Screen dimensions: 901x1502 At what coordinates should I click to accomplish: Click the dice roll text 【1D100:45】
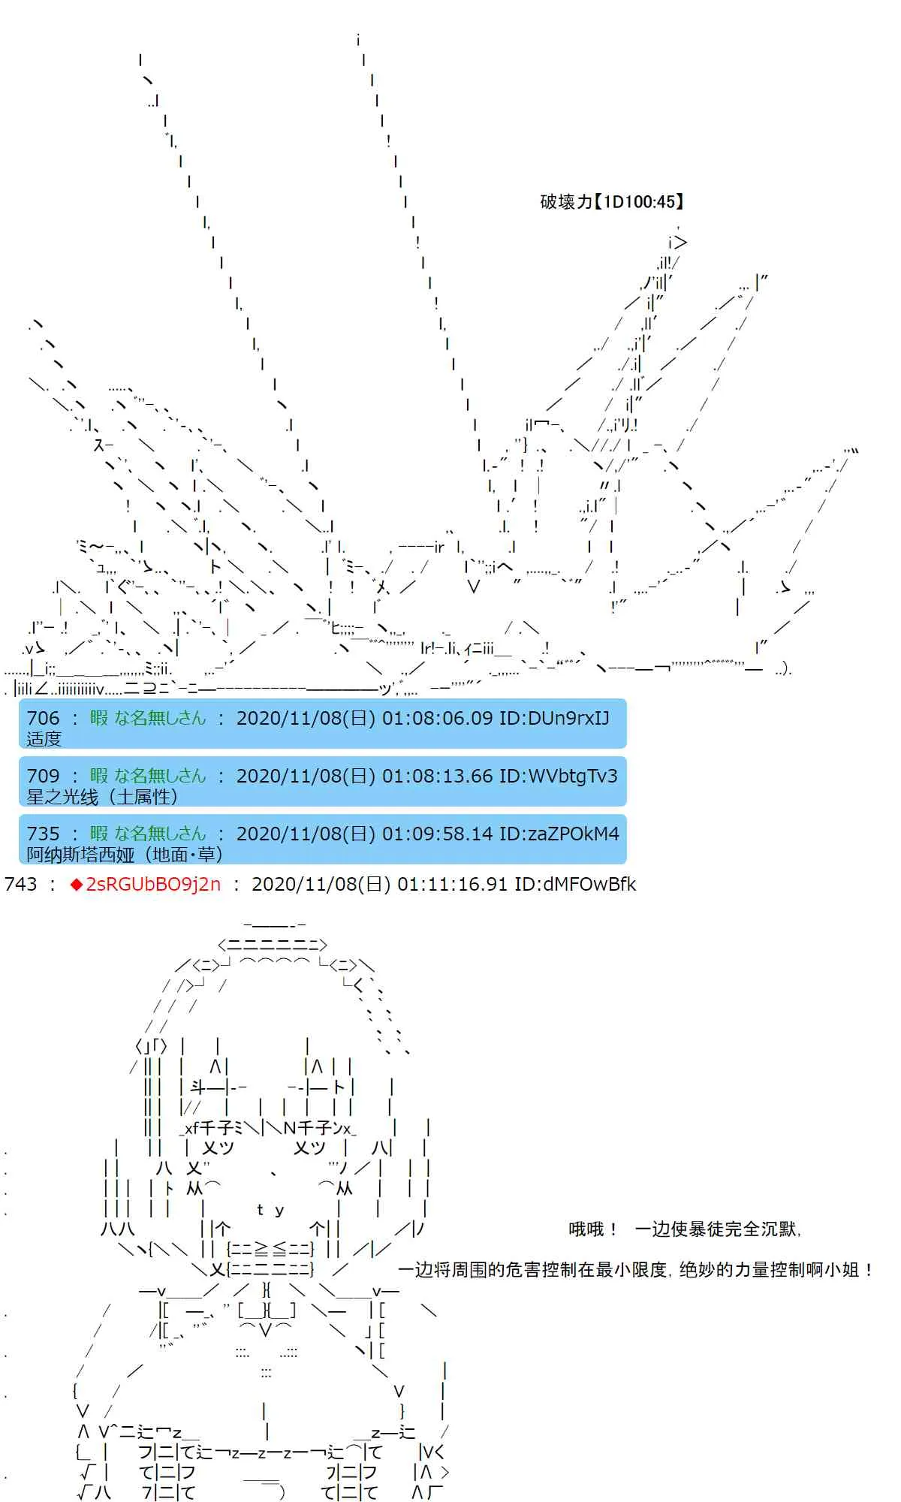click(x=639, y=201)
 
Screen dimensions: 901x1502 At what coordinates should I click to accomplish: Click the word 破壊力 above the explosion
click(x=567, y=201)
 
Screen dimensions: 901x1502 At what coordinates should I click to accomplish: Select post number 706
click(x=43, y=718)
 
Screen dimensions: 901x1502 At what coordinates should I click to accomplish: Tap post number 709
click(x=43, y=776)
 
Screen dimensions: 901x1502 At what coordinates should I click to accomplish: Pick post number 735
click(x=43, y=834)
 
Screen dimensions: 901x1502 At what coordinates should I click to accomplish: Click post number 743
click(x=20, y=884)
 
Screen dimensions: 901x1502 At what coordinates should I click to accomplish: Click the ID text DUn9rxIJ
click(x=568, y=718)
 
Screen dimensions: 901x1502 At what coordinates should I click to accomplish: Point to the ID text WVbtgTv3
click(x=573, y=776)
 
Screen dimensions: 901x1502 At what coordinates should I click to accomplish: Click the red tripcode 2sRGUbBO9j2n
click(x=153, y=884)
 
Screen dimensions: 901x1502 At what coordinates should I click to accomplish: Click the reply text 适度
click(x=44, y=739)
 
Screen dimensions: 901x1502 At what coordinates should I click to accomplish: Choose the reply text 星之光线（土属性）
click(x=102, y=797)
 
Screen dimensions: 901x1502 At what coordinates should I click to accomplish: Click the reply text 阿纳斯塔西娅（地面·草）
click(x=125, y=855)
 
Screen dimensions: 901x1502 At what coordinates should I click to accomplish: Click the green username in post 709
click(x=148, y=776)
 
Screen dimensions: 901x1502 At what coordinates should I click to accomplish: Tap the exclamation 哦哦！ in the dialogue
click(x=593, y=1229)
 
